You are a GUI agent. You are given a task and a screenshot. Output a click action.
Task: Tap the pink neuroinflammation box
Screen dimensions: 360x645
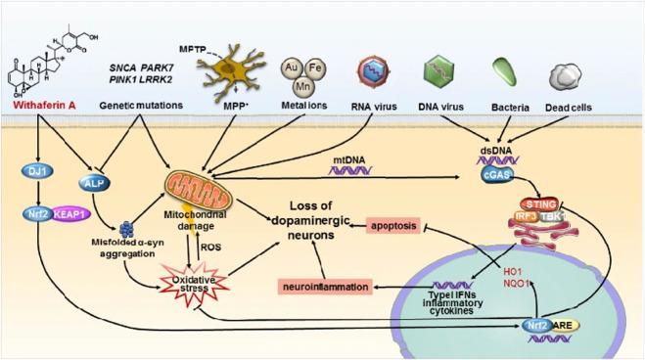[327, 289]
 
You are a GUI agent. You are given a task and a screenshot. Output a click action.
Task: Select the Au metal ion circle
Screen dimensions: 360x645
[291, 71]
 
